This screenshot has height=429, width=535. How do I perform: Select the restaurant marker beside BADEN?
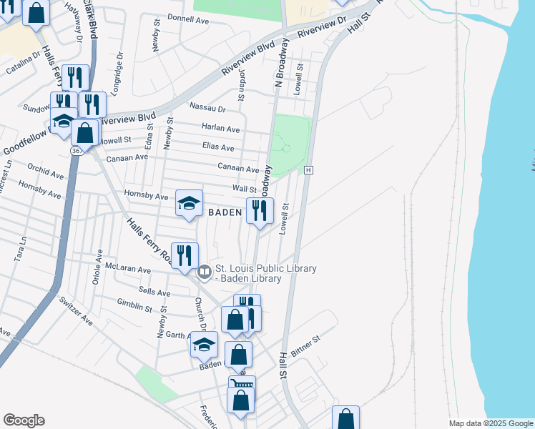click(260, 210)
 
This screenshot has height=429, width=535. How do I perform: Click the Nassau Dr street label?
click(207, 107)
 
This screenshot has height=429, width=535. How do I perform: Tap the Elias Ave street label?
click(218, 147)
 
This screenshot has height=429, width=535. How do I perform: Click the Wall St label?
click(244, 188)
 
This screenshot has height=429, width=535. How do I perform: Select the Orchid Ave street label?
click(48, 172)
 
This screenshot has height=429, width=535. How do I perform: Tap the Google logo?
click(24, 420)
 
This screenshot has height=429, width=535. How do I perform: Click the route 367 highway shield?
click(77, 151)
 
